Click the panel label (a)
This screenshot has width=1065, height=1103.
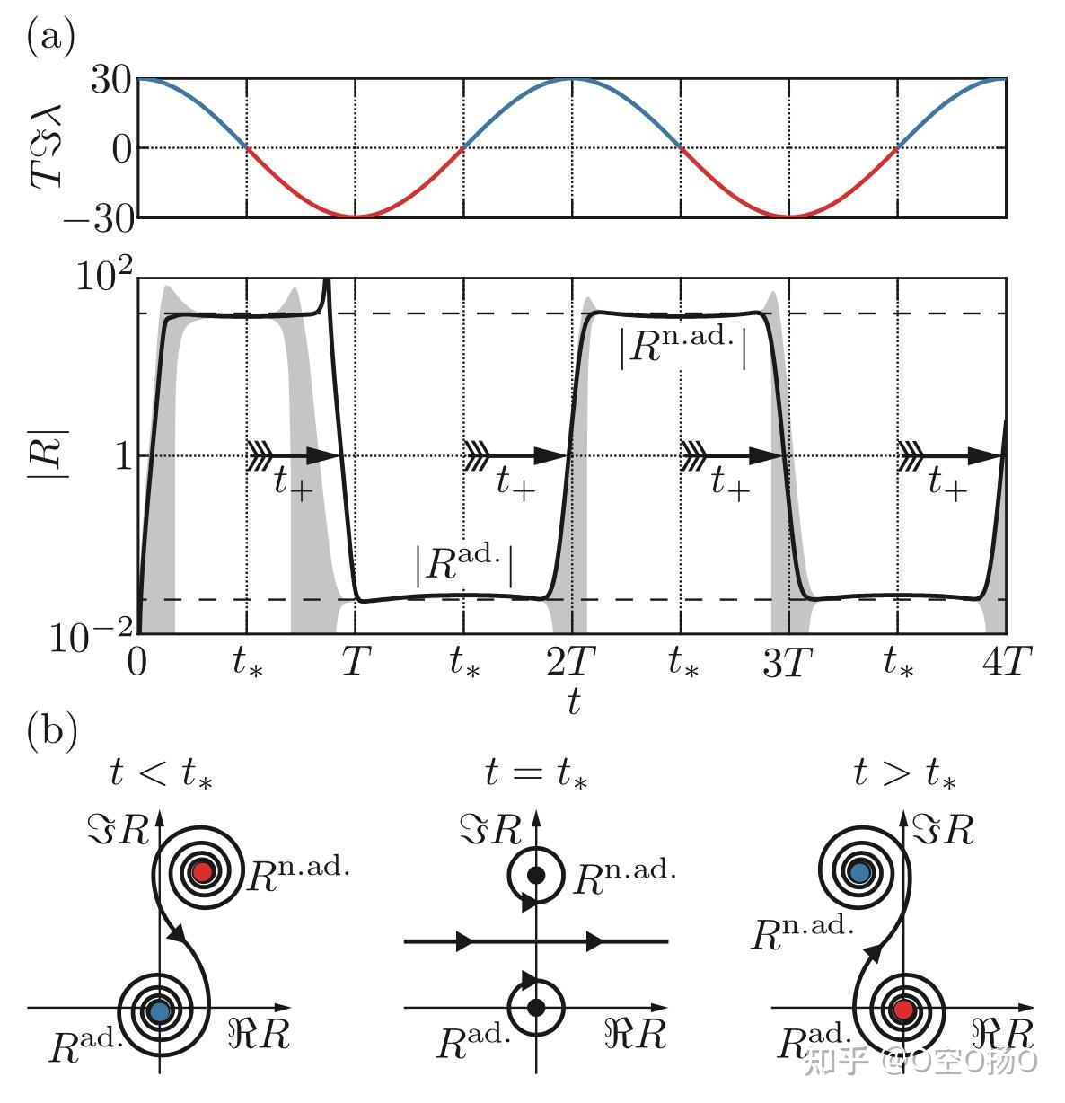[50, 38]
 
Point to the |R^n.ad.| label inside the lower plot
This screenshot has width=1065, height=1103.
[683, 348]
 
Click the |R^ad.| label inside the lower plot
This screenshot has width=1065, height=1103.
[463, 569]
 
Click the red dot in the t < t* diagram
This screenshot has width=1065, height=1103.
[202, 870]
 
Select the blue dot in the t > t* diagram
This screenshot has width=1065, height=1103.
[859, 870]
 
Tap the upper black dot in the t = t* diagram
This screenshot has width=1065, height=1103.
[536, 874]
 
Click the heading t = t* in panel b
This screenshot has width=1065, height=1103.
[536, 772]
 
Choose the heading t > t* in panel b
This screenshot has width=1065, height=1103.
[903, 772]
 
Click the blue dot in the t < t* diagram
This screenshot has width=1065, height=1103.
[159, 1010]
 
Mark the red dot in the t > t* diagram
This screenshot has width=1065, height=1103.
[903, 1010]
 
